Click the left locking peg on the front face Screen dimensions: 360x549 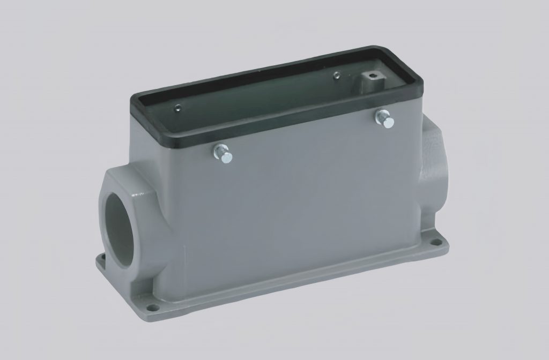point(224,154)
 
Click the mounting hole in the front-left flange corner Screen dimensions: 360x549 point(154,307)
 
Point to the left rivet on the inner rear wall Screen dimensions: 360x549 point(179,109)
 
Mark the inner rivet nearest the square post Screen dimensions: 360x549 point(336,76)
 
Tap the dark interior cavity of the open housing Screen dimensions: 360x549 point(257,96)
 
